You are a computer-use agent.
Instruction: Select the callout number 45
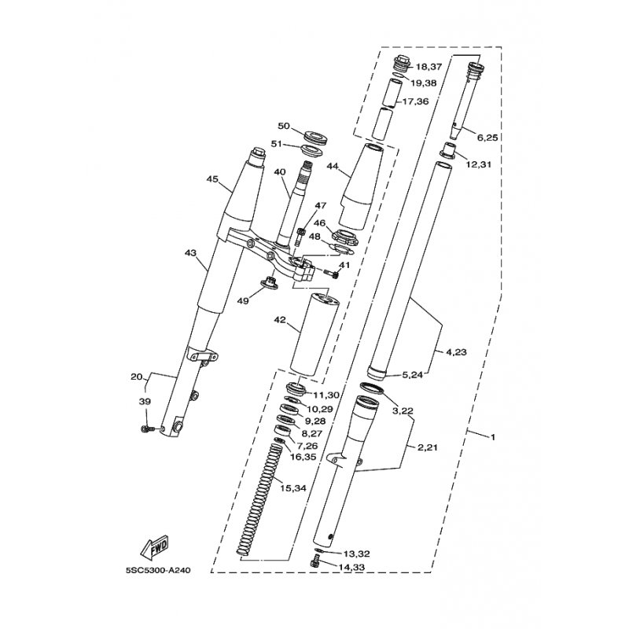point(212,179)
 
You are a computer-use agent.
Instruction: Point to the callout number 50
point(285,126)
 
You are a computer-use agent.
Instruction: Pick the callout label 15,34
point(292,488)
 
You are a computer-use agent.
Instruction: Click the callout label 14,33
point(355,566)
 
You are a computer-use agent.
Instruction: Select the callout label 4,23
point(456,352)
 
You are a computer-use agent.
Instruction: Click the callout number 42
point(281,321)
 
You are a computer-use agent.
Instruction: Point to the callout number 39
point(144,402)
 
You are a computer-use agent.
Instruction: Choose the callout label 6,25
point(487,138)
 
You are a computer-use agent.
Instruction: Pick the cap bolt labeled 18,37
point(401,65)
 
